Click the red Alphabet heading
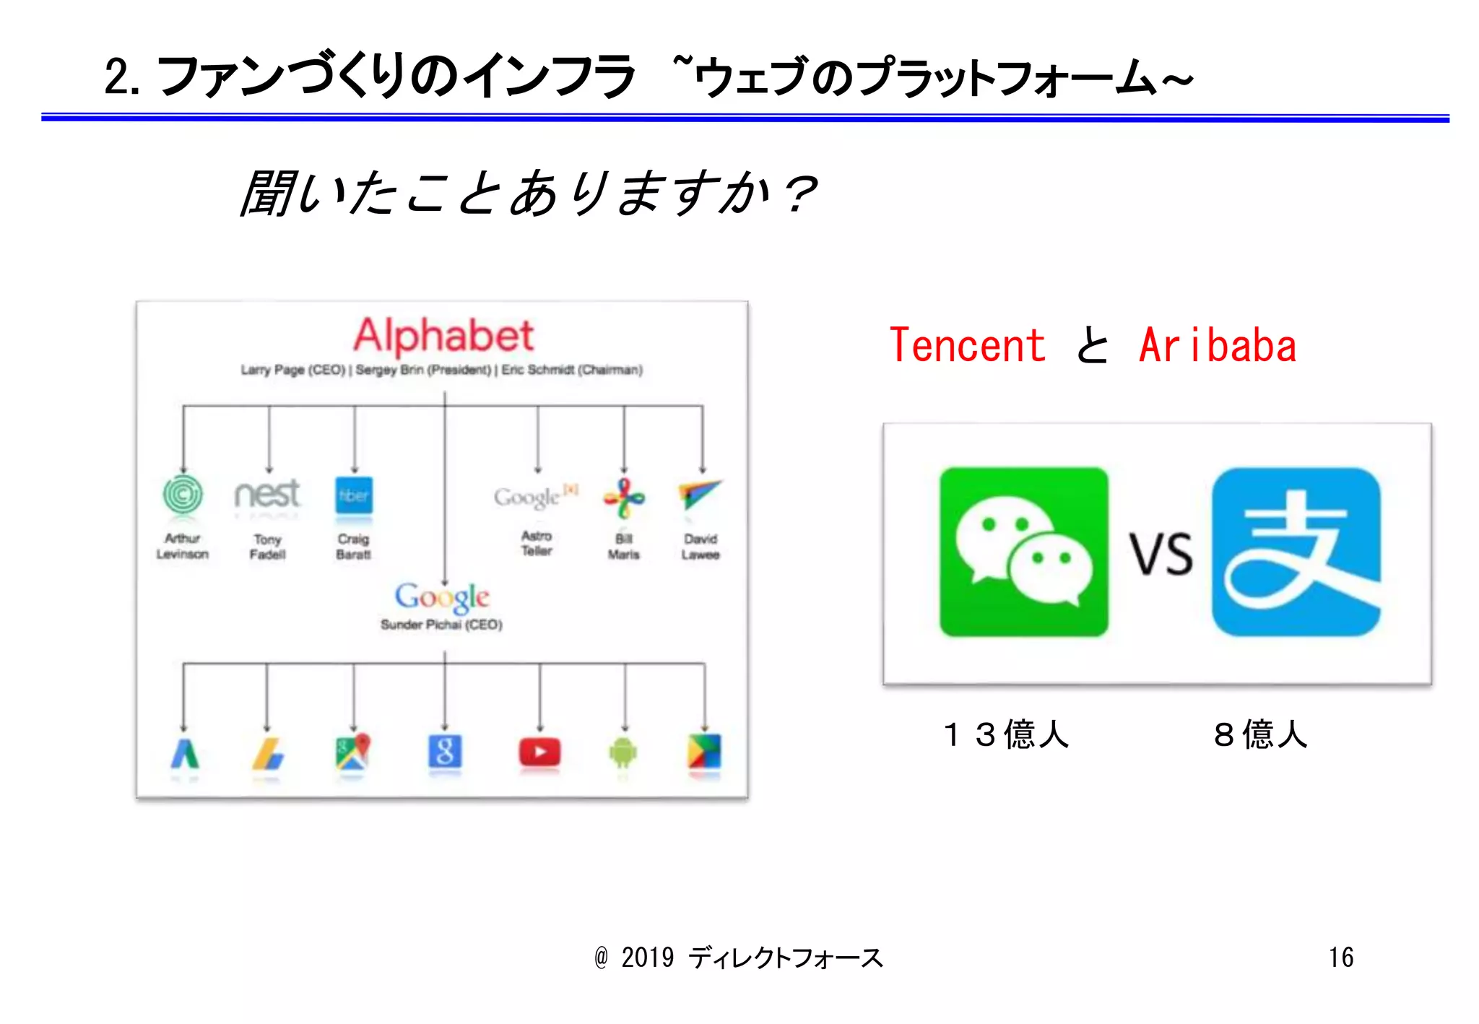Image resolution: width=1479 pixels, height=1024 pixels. pos(443,336)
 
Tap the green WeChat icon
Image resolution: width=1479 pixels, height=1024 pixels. pos(1023,552)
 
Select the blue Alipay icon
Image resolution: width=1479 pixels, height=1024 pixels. pos(1296,552)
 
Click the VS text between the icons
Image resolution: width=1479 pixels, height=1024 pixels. pos(1161,555)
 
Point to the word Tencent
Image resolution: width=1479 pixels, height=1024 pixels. pos(967,345)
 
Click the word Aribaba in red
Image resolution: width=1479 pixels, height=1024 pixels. pos(1218,345)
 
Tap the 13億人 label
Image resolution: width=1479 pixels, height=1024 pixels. pos(1005,734)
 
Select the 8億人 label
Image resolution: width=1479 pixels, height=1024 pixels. pos(1260,734)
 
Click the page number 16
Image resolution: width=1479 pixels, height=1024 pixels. pos(1341,958)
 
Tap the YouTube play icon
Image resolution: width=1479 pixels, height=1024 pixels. pos(539,752)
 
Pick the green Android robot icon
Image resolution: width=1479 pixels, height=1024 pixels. pos(623,753)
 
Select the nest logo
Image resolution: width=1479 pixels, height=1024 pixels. pos(267,495)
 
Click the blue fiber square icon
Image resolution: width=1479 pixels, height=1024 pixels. pos(354,495)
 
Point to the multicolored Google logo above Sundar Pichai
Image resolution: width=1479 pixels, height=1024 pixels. pos(442,597)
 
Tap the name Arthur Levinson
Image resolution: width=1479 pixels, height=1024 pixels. pos(183,546)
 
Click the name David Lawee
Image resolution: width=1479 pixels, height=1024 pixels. pos(701,547)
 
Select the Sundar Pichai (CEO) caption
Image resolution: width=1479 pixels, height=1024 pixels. pos(441,625)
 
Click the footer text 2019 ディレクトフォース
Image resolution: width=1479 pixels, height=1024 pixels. pos(751,958)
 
